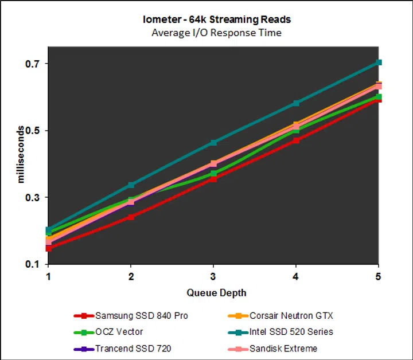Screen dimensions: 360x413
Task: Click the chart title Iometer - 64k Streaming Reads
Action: click(x=216, y=19)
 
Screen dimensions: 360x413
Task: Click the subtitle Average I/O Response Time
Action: click(x=216, y=33)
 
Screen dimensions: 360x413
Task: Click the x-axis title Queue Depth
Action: click(x=216, y=293)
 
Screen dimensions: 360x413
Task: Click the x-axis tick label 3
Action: click(x=213, y=276)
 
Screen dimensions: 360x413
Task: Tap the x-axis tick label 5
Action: click(x=378, y=276)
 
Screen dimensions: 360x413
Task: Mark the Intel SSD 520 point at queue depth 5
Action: click(x=379, y=62)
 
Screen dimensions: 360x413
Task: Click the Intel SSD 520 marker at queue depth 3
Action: click(x=213, y=142)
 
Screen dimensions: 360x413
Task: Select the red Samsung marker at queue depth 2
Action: click(x=131, y=217)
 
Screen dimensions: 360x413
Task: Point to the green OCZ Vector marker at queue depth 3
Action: click(x=213, y=174)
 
